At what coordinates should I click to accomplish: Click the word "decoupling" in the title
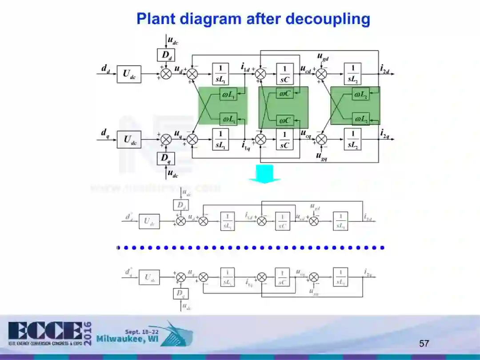[x=328, y=19]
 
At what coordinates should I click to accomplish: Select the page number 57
[x=424, y=343]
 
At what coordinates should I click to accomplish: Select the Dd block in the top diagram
[x=166, y=55]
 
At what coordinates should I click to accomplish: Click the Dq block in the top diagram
[x=166, y=158]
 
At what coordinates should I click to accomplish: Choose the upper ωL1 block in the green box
[x=229, y=94]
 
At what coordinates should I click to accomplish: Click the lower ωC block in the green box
[x=284, y=120]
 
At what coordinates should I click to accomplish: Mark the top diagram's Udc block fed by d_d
[x=129, y=74]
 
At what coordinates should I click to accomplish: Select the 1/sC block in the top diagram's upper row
[x=284, y=74]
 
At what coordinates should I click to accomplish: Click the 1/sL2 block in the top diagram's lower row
[x=353, y=139]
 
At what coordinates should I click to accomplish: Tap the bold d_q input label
[x=105, y=132]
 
